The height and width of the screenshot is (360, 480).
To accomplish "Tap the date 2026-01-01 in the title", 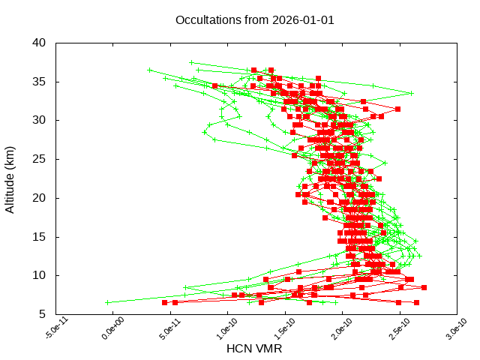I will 301,19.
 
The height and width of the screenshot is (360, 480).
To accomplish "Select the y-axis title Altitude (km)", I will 10,178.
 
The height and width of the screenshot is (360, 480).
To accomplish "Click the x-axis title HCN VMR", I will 254,348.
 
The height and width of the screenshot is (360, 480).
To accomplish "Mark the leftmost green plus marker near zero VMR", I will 107,302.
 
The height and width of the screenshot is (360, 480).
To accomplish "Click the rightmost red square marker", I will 424,287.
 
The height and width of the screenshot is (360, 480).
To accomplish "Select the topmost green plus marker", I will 191,63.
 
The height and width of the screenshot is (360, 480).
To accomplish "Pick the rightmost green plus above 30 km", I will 412,93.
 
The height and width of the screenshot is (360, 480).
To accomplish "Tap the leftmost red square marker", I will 164,302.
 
